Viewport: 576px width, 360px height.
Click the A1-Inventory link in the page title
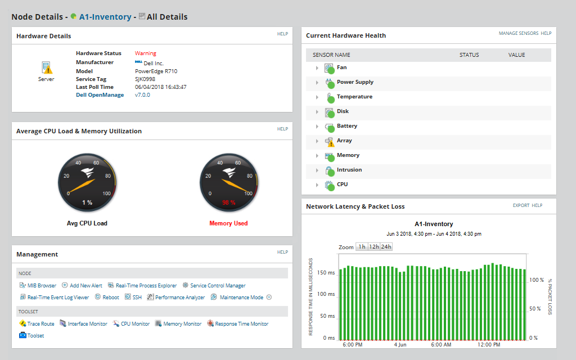[x=105, y=17]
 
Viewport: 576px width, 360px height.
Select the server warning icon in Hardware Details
[x=47, y=68]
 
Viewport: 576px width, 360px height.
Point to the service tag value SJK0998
[x=145, y=79]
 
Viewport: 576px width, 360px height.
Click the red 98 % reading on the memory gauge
[x=228, y=202]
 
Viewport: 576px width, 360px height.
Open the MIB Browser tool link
[x=42, y=286]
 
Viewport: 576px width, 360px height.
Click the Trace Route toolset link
[x=40, y=324]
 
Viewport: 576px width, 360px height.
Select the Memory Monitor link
[x=182, y=324]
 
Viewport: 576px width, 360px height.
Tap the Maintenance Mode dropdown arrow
[x=269, y=297]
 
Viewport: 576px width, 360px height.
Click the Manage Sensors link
[x=518, y=34]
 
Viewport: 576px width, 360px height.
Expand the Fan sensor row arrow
[x=317, y=68]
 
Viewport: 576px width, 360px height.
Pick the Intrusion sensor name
[x=349, y=170]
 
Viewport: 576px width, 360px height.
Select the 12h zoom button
[x=373, y=247]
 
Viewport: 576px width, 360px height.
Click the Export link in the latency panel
[x=521, y=206]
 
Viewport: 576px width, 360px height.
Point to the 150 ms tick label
[x=326, y=272]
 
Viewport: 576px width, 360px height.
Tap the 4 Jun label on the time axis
[x=400, y=344]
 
